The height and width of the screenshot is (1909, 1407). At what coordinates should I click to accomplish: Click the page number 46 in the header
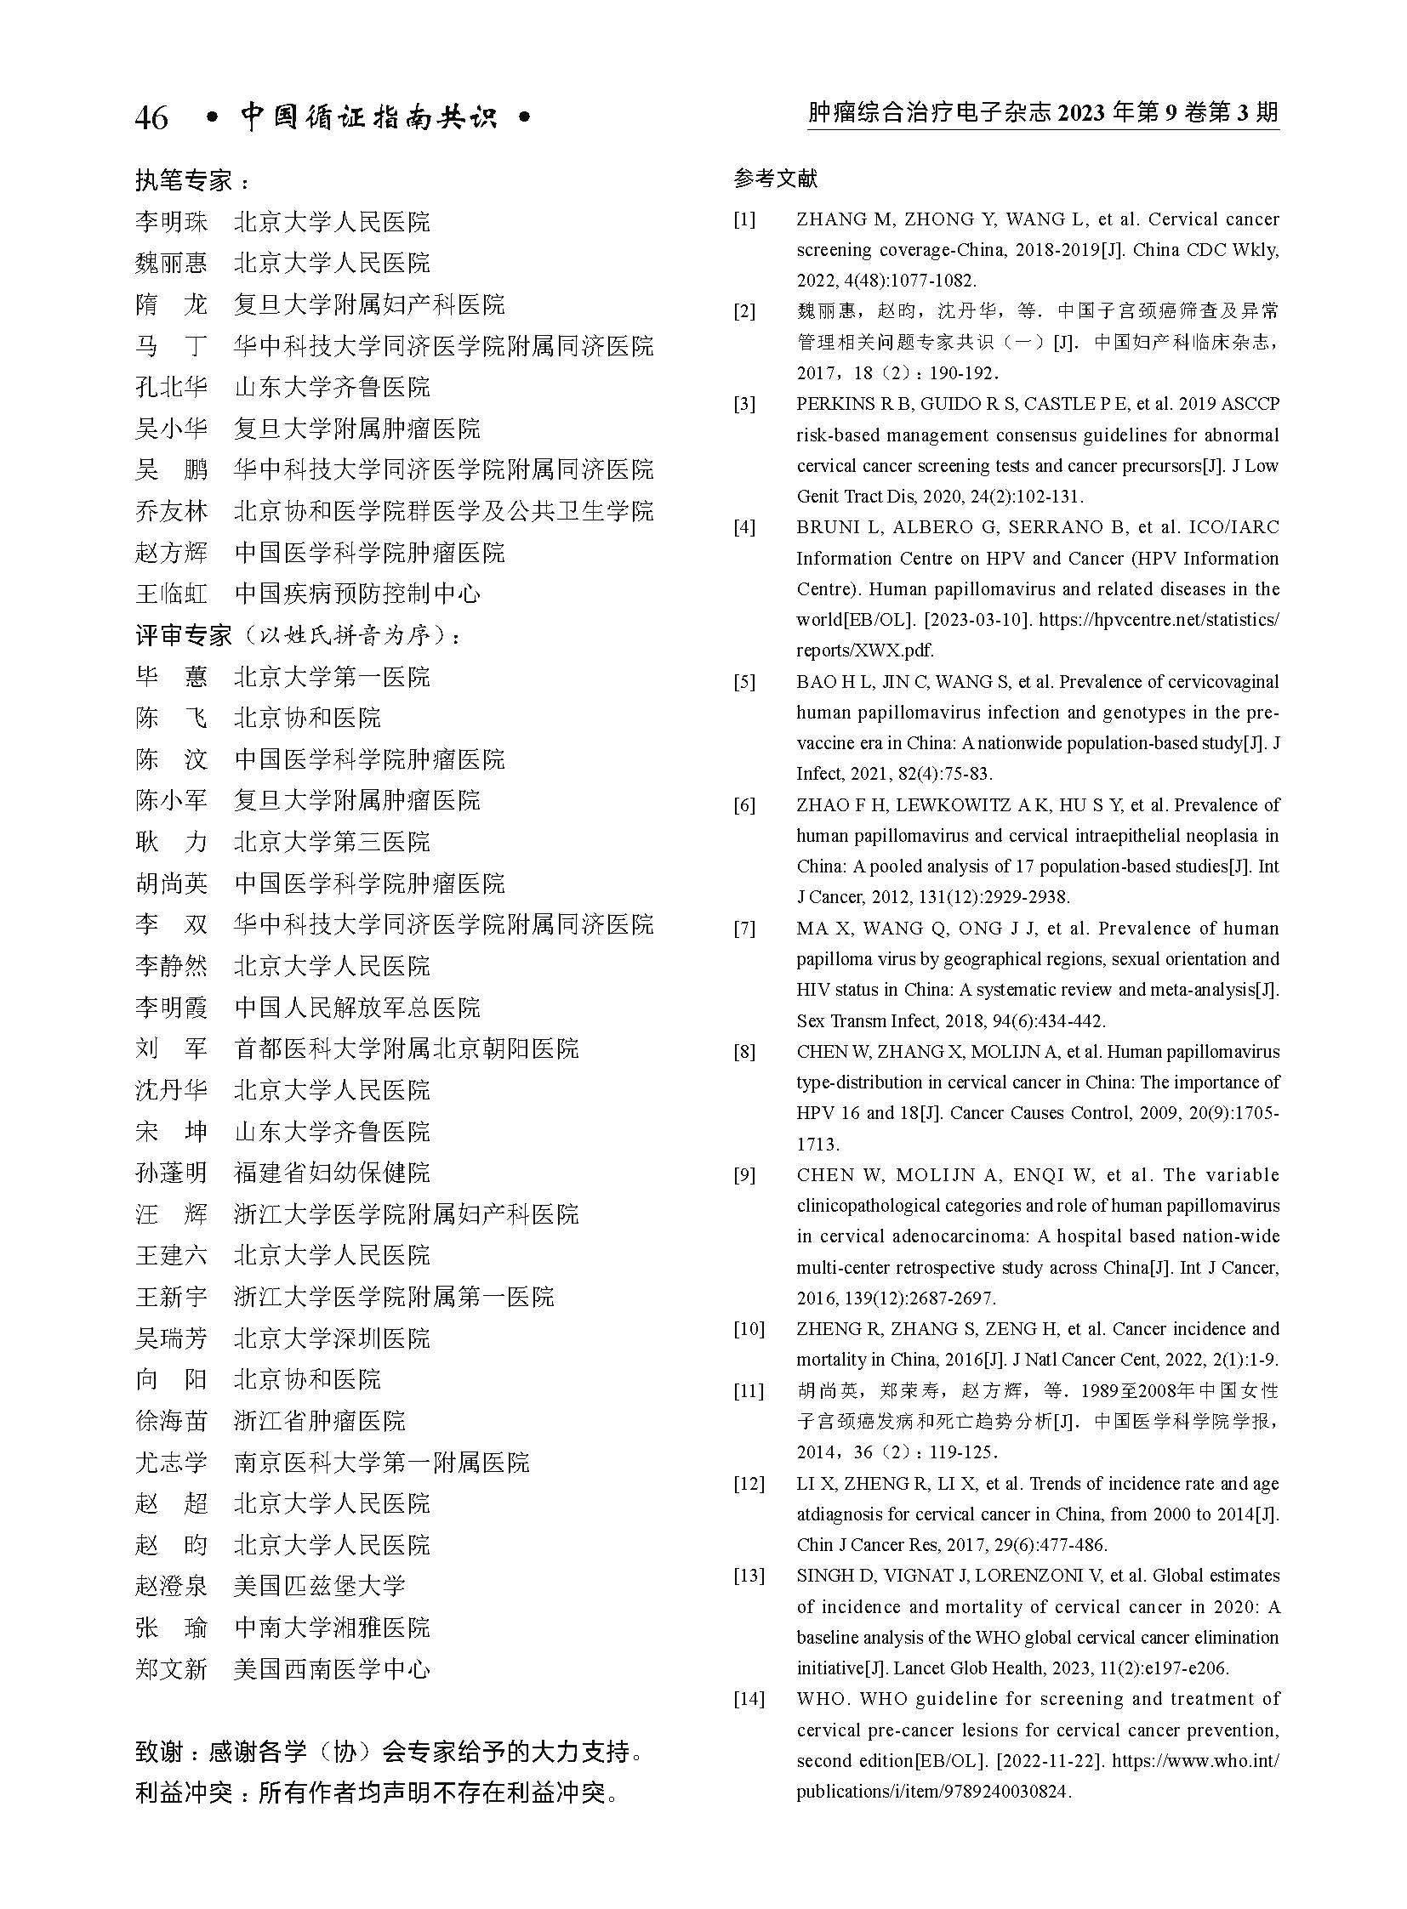point(151,118)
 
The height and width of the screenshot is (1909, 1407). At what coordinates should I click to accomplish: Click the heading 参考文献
point(775,179)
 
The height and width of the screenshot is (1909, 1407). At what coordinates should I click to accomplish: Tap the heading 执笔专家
point(183,180)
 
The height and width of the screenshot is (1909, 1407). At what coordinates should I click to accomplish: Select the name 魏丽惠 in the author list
point(170,263)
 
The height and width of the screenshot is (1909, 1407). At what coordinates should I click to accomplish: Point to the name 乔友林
point(170,511)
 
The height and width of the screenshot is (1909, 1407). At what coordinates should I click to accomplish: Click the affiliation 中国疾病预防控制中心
point(357,594)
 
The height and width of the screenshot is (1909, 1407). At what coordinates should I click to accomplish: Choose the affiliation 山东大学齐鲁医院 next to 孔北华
point(332,388)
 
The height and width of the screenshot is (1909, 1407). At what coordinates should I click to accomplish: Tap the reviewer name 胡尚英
point(170,883)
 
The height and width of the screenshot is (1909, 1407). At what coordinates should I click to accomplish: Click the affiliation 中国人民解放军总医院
point(357,1008)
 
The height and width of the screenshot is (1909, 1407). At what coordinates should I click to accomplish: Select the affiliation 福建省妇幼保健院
point(332,1173)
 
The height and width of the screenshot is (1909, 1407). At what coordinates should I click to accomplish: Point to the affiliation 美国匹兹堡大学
point(319,1585)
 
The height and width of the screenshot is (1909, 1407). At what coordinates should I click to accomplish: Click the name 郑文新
point(170,1669)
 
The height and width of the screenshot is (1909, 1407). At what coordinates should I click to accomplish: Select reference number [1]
point(744,219)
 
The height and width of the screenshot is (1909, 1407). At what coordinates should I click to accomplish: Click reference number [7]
point(744,928)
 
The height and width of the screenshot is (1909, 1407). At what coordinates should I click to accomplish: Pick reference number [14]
point(749,1699)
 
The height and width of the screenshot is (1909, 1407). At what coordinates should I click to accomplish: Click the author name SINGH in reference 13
point(821,1575)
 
